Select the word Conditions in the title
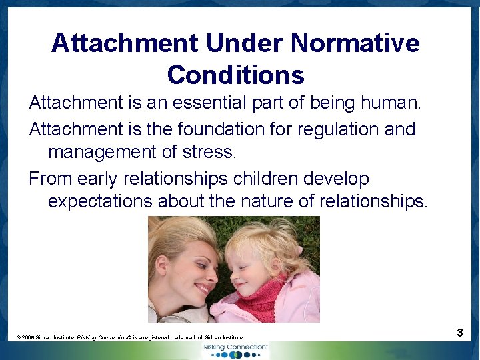coord(235,75)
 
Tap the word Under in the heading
coord(234,43)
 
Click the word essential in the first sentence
coord(216,103)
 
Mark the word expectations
coord(102,201)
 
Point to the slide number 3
coord(460,333)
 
